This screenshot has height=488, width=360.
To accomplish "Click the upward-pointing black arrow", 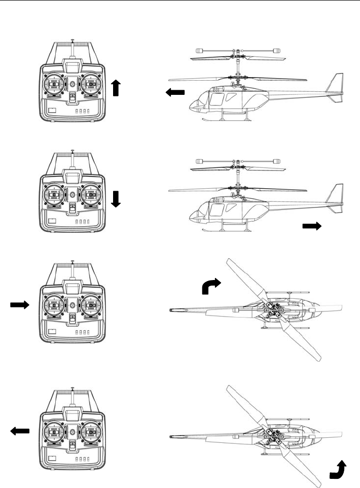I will tap(116, 88).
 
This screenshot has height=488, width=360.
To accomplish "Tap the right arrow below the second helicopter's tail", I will tap(312, 227).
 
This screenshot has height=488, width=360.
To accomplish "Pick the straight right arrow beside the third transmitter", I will tap(20, 304).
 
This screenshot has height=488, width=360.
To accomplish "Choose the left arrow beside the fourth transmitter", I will tap(20, 431).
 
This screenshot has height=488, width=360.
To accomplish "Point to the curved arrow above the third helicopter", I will tap(210, 286).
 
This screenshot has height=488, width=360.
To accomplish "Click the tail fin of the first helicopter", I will tap(336, 86).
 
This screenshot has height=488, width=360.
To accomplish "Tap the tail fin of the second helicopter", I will tap(336, 198).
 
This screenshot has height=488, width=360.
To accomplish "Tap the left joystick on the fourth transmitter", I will tap(54, 432).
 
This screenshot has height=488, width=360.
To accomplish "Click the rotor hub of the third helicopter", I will tap(274, 309).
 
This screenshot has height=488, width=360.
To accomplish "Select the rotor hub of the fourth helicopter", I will tap(274, 435).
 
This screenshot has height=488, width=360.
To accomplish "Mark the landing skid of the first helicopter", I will tap(226, 120).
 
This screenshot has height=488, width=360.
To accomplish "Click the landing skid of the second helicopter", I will tap(226, 232).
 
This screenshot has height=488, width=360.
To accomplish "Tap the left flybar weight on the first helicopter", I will tap(199, 51).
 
